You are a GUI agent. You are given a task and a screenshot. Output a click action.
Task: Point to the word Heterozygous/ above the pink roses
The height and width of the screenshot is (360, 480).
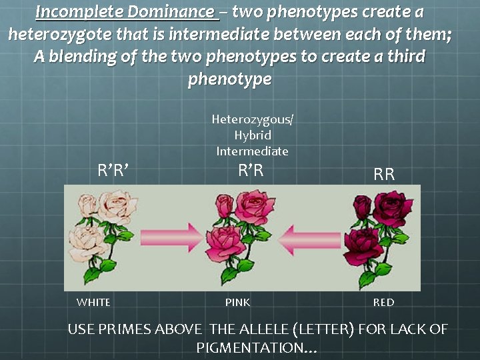tap(253, 119)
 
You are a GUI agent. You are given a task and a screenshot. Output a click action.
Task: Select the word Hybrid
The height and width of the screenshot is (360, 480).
tap(251, 135)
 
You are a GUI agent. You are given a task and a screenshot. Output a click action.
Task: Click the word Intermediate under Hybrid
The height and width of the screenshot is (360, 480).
tap(252, 151)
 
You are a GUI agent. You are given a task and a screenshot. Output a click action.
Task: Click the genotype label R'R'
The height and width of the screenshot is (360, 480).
tap(113, 171)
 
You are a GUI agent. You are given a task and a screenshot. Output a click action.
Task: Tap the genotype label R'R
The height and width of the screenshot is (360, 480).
tap(251, 171)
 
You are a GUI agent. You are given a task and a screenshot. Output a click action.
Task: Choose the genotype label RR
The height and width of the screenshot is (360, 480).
tap(384, 175)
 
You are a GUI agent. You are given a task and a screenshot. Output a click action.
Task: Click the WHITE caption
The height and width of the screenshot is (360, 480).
tap(93, 303)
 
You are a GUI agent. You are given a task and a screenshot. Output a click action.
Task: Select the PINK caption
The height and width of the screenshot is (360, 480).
tap(237, 303)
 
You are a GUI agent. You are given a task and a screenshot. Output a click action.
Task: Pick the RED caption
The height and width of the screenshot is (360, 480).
tap(383, 303)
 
